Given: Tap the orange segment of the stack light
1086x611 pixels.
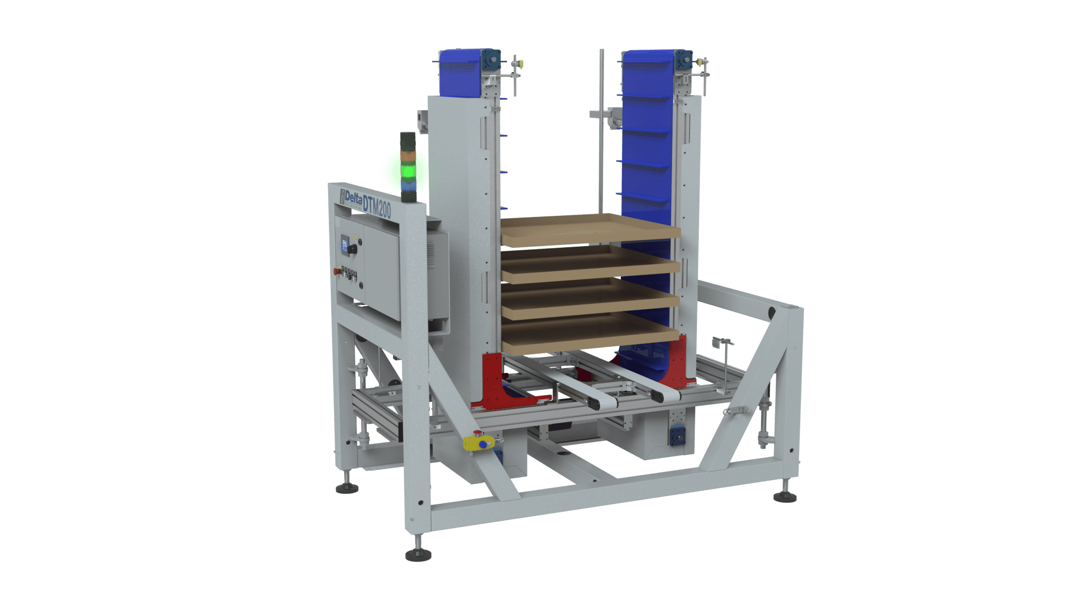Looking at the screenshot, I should coord(408,157).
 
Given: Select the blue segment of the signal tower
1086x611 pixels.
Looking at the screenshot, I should coord(408,184).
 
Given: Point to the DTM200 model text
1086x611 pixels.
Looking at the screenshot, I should coord(377,206).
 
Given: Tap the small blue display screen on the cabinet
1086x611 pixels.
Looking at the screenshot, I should coord(345,243).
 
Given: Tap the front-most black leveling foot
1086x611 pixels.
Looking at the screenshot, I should coord(418,554).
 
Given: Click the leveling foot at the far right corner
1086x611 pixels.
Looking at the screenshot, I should coord(785,496).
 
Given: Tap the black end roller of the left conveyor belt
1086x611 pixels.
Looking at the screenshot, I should coord(596,405).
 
